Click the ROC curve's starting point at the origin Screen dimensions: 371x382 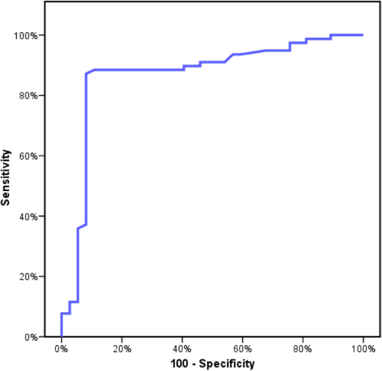tap(61, 336)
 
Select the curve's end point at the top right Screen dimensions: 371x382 tap(362, 35)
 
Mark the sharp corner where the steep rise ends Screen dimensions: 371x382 tap(86, 74)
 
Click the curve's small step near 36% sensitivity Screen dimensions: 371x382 tap(78, 228)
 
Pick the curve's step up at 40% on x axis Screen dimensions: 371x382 tap(184, 68)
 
